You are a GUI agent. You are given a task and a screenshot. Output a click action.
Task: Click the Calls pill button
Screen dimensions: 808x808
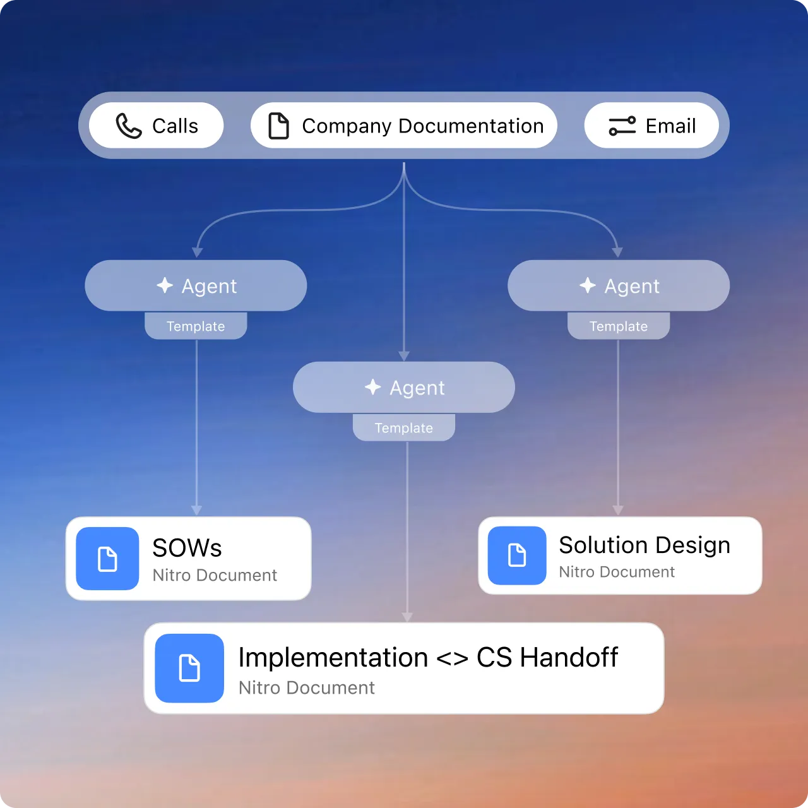point(156,126)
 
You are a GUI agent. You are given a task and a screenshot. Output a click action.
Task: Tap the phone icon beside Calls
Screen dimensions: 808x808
point(129,126)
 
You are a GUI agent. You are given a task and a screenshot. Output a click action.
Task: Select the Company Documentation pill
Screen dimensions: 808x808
point(404,126)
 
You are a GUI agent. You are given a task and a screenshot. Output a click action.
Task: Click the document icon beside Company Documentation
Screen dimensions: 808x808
point(278,126)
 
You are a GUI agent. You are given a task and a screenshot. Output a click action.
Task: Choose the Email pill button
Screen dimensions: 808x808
point(651,126)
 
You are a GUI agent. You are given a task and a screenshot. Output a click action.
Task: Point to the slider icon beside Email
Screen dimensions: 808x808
point(622,126)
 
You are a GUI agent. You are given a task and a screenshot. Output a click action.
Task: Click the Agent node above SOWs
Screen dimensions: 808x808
point(196,286)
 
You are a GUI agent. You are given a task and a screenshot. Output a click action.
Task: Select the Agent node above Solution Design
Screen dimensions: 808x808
point(619,286)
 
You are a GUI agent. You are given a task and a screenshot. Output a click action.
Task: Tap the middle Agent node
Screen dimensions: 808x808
point(404,388)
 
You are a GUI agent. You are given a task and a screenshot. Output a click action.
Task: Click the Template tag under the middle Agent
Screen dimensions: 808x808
point(404,428)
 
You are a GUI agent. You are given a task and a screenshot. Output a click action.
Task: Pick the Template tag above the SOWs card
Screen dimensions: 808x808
point(196,326)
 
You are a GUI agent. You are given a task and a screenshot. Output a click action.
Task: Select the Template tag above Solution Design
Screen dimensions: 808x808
point(619,326)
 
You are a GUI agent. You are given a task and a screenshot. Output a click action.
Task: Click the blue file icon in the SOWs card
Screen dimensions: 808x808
point(107,559)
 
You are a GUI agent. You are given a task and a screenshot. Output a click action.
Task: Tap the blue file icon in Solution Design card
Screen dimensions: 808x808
point(517,555)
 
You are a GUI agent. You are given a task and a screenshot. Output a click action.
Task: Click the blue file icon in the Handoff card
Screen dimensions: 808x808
point(189,668)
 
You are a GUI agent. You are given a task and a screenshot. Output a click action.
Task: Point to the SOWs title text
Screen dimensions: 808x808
point(187,548)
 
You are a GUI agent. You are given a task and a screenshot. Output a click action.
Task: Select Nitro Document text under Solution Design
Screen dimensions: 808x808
point(617,572)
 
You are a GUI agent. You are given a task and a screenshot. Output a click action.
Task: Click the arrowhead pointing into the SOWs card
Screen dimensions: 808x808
point(197,510)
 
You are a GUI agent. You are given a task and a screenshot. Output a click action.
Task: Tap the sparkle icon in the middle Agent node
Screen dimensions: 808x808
point(373,387)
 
